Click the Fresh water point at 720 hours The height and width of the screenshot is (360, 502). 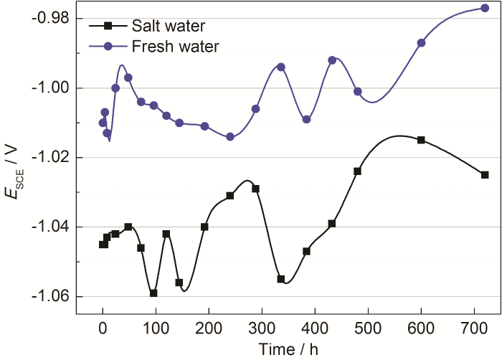point(485,8)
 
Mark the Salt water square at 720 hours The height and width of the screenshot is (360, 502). point(485,175)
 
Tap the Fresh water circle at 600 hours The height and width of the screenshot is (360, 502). point(421,43)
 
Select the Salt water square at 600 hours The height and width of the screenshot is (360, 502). point(421,140)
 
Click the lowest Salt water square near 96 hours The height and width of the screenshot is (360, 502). point(153,293)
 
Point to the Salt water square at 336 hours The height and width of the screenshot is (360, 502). point(281,279)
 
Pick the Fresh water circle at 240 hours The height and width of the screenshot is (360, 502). point(230,137)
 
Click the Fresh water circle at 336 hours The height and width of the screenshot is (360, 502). point(281,67)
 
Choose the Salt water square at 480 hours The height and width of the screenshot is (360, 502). point(357,171)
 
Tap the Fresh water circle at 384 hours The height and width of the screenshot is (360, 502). point(306,119)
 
